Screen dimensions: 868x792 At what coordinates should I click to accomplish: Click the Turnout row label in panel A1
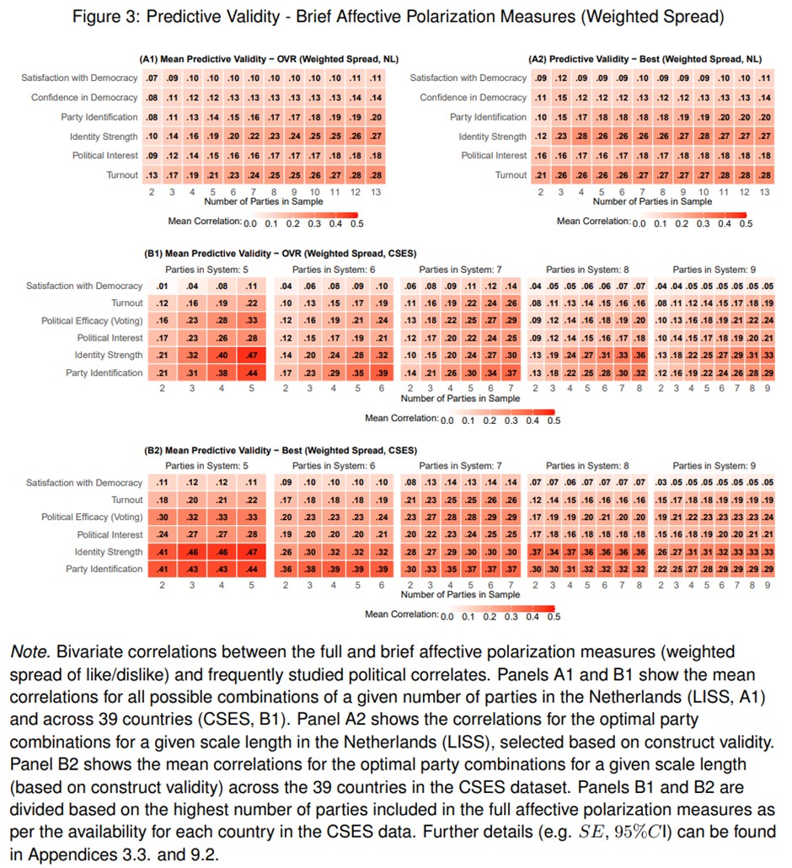(x=117, y=174)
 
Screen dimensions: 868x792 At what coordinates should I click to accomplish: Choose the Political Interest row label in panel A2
(x=494, y=155)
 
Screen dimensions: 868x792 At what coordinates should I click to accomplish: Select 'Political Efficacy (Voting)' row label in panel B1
(x=92, y=321)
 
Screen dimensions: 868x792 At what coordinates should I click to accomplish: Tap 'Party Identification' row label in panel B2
(x=104, y=569)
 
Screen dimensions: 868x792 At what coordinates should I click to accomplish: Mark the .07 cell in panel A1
(x=152, y=78)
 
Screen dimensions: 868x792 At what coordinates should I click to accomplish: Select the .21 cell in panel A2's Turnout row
(x=540, y=174)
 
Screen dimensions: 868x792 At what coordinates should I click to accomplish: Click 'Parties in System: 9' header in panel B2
(x=714, y=466)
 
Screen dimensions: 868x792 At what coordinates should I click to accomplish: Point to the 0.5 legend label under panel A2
(x=745, y=223)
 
